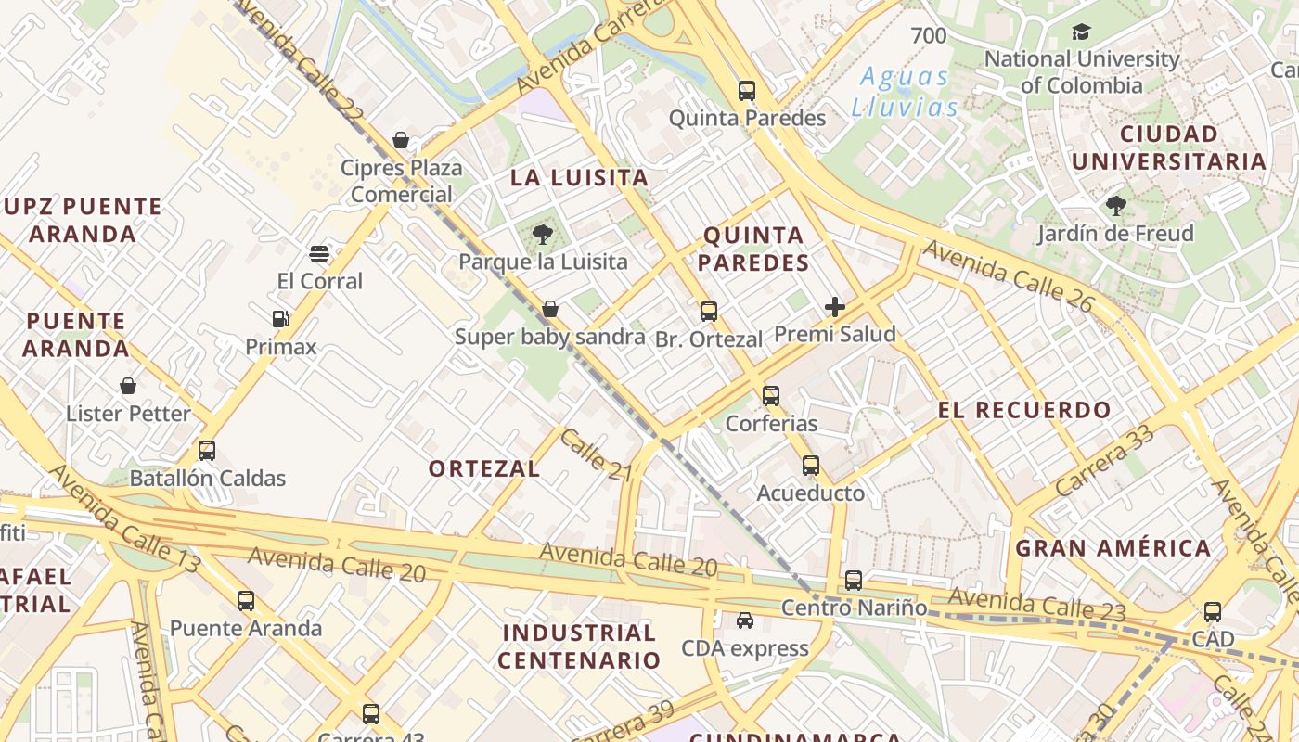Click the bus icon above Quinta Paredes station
[x=747, y=91]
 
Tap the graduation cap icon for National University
[x=1081, y=32]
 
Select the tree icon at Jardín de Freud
[x=1115, y=206]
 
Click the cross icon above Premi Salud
[x=835, y=307]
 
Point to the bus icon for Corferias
[x=771, y=396]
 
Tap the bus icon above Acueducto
[x=811, y=466]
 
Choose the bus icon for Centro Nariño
[x=854, y=581]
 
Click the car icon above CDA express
[x=745, y=620]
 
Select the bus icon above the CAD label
[x=1213, y=612]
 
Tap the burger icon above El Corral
[x=319, y=254]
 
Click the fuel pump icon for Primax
[x=280, y=319]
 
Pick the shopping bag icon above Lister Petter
[x=128, y=386]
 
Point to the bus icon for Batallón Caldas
[x=207, y=451]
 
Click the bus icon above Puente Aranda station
[x=245, y=601]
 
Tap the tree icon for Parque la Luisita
[x=543, y=235]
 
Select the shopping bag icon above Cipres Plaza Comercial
[x=401, y=141]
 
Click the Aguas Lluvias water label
[x=905, y=92]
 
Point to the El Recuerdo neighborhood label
[x=1024, y=410]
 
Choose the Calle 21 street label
[x=596, y=455]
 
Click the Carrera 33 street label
[x=1104, y=459]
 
